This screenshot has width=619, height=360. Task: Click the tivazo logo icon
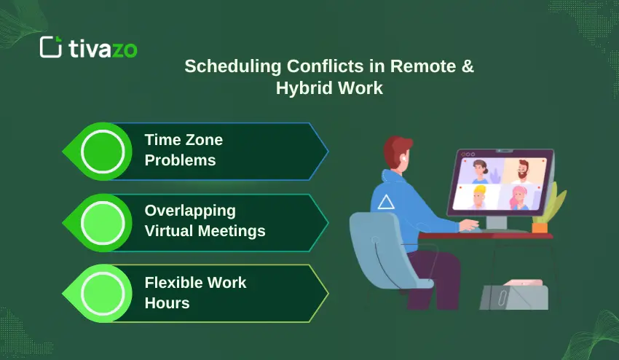50,47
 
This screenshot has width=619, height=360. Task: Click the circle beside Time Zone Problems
103,151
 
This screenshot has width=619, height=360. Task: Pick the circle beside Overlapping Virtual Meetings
103,222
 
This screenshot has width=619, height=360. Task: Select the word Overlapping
190,211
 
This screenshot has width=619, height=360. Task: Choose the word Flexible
175,282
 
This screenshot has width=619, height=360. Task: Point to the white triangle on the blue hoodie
386,202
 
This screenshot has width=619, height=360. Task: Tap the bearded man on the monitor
519,173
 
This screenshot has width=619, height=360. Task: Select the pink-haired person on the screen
519,197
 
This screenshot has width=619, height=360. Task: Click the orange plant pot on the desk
539,227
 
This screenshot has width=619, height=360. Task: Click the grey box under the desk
513,297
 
